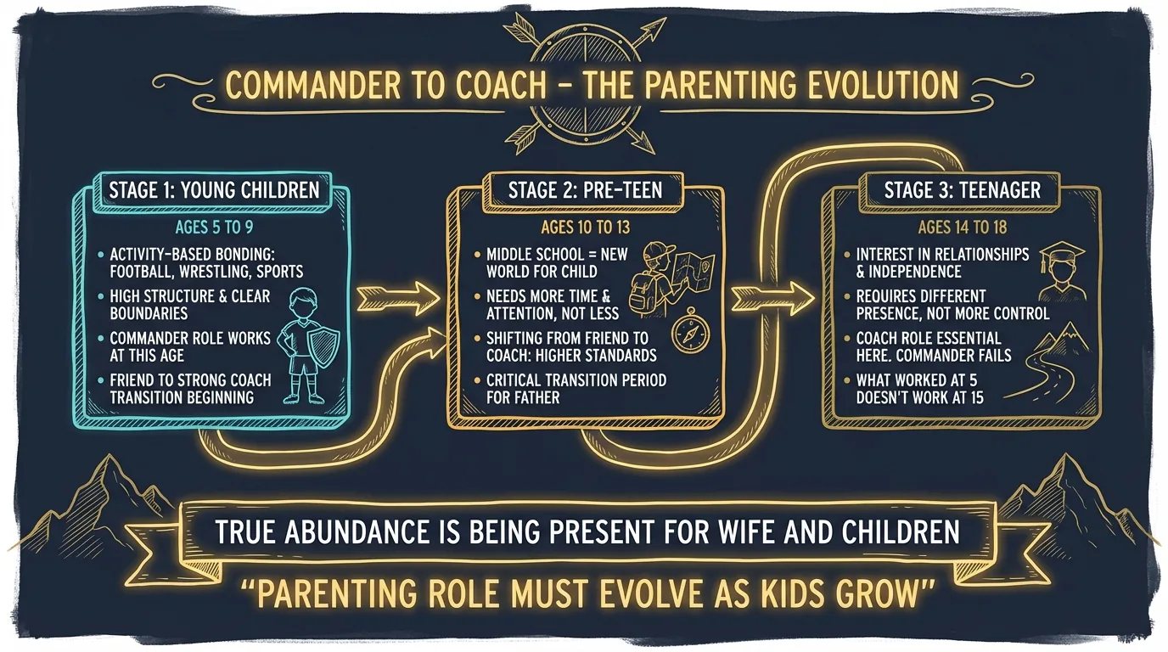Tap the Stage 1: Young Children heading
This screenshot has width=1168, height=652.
click(214, 188)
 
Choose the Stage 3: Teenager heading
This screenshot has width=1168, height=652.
click(962, 188)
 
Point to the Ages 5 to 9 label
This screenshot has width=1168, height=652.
click(212, 227)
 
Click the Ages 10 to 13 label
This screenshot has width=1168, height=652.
click(585, 227)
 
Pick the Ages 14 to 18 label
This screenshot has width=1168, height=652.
click(961, 227)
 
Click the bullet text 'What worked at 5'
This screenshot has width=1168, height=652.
click(918, 379)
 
